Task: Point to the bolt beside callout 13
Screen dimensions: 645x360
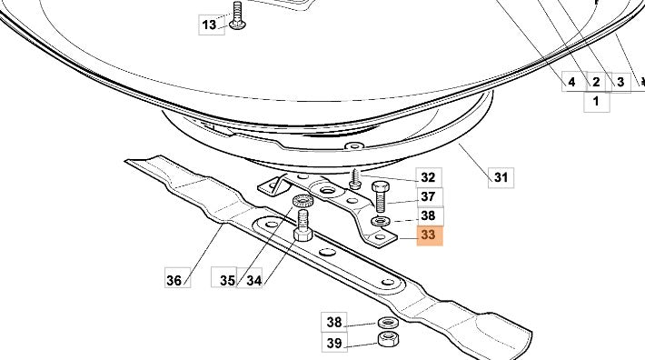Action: [x=237, y=15]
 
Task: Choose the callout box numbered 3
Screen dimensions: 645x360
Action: [x=620, y=83]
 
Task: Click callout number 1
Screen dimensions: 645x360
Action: [x=597, y=101]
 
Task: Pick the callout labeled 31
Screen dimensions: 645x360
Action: [x=501, y=178]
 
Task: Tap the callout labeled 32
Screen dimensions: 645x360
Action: [x=429, y=178]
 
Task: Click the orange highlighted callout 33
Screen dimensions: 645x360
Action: [x=430, y=235]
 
